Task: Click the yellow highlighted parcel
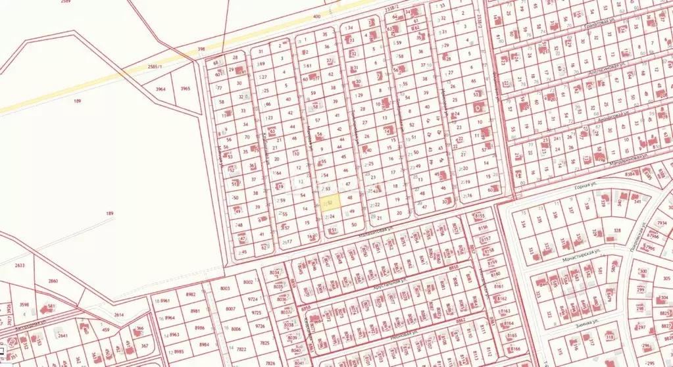tap(331, 203)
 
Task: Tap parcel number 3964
tap(161, 89)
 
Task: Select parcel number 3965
tap(185, 89)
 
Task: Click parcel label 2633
tap(19, 266)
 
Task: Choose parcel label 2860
tap(53, 281)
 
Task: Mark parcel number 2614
tap(118, 315)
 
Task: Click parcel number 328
tap(616, 231)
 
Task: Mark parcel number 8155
tap(479, 216)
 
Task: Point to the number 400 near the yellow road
tap(317, 16)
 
